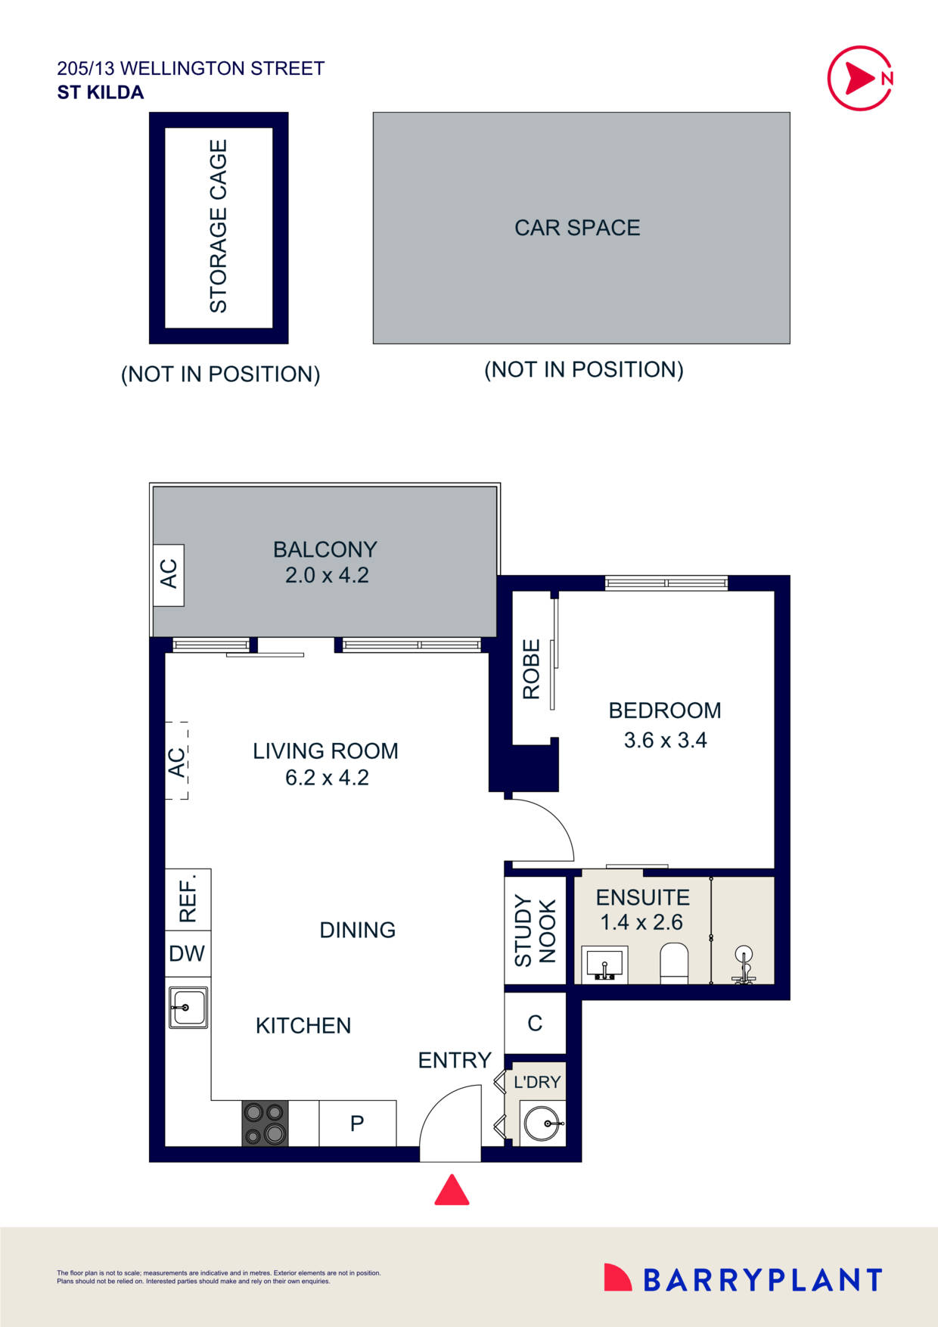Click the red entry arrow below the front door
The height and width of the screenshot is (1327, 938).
point(452,1191)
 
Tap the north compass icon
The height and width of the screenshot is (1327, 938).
point(860,78)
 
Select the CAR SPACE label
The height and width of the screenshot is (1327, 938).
point(577,228)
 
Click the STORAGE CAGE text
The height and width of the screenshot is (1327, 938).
point(219,226)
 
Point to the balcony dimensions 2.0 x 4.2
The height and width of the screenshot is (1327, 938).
point(327,576)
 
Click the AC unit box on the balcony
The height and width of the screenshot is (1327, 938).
point(169,574)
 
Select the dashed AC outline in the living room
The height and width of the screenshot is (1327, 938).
point(177,761)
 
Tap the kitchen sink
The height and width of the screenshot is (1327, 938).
point(188,1008)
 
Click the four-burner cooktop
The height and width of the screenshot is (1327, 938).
point(265,1123)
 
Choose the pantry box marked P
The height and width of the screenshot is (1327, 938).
point(357,1123)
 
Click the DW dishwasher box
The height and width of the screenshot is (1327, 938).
point(187,954)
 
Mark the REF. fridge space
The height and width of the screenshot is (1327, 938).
point(188,899)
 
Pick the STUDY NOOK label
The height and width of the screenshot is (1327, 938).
point(535,931)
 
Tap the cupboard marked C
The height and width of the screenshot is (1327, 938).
point(535,1024)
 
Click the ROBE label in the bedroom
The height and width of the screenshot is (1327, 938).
point(531,669)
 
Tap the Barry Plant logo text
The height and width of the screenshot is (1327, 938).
point(762,1280)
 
